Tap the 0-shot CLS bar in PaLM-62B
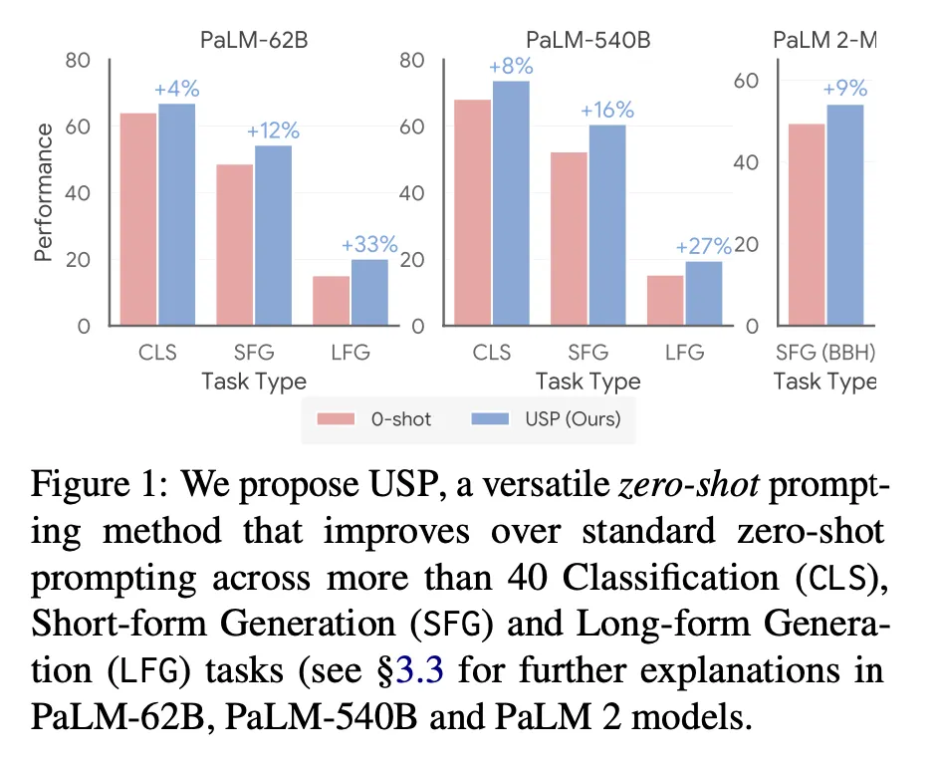[x=138, y=219]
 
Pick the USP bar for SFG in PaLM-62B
[x=273, y=235]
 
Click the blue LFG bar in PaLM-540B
[x=702, y=293]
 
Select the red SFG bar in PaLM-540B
[x=569, y=238]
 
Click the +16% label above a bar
[x=606, y=111]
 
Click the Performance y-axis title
[x=43, y=192]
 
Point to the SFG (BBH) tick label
[x=824, y=353]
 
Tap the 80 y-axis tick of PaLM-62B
[x=78, y=60]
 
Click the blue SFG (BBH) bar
[x=845, y=214]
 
